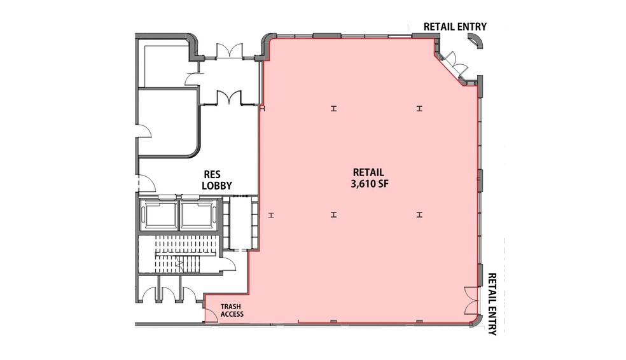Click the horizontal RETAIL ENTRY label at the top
(455, 27)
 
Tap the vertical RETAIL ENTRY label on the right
(492, 304)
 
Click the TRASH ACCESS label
(231, 310)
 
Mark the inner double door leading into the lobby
(228, 97)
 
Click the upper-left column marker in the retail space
(333, 109)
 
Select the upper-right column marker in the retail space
(419, 109)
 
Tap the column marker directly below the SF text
(333, 214)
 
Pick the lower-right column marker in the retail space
(419, 214)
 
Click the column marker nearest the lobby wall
(271, 214)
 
